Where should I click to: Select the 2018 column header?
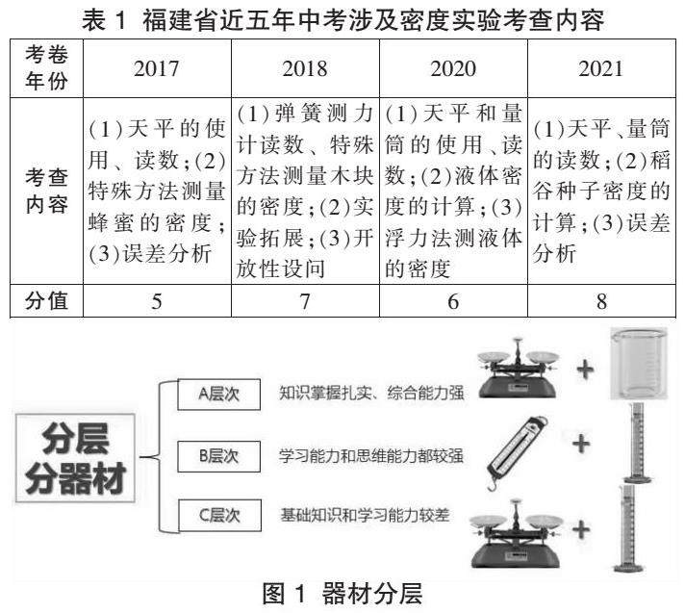point(305,69)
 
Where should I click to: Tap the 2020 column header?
point(453,69)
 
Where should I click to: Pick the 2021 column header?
point(601,69)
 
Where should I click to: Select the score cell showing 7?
point(305,301)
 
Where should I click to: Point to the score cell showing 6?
point(453,301)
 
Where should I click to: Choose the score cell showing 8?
point(601,301)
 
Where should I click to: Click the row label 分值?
point(45,301)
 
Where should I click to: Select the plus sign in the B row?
point(580,444)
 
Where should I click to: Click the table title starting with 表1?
point(342,18)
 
